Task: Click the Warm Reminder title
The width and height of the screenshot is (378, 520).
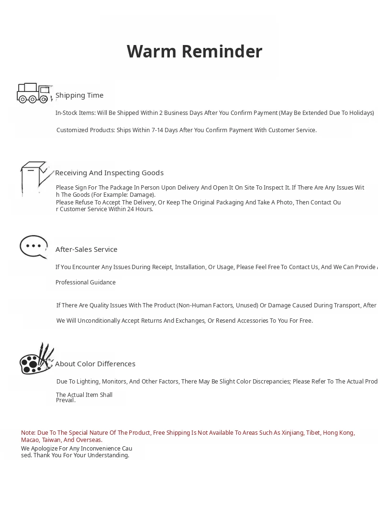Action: tap(194, 52)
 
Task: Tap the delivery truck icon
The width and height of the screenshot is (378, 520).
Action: tap(33, 93)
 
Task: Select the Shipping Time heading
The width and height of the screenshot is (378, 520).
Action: tap(79, 95)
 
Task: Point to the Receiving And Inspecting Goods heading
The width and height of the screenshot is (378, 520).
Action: tap(109, 173)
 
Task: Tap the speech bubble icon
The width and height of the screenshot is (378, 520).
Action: tap(33, 247)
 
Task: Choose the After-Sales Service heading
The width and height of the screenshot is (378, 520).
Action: tap(86, 249)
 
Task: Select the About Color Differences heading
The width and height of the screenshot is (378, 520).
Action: tap(95, 364)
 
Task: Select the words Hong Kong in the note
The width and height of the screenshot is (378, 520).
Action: tap(338, 433)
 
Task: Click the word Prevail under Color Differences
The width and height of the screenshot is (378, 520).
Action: tap(66, 400)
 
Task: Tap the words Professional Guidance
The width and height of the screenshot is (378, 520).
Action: tap(86, 283)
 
